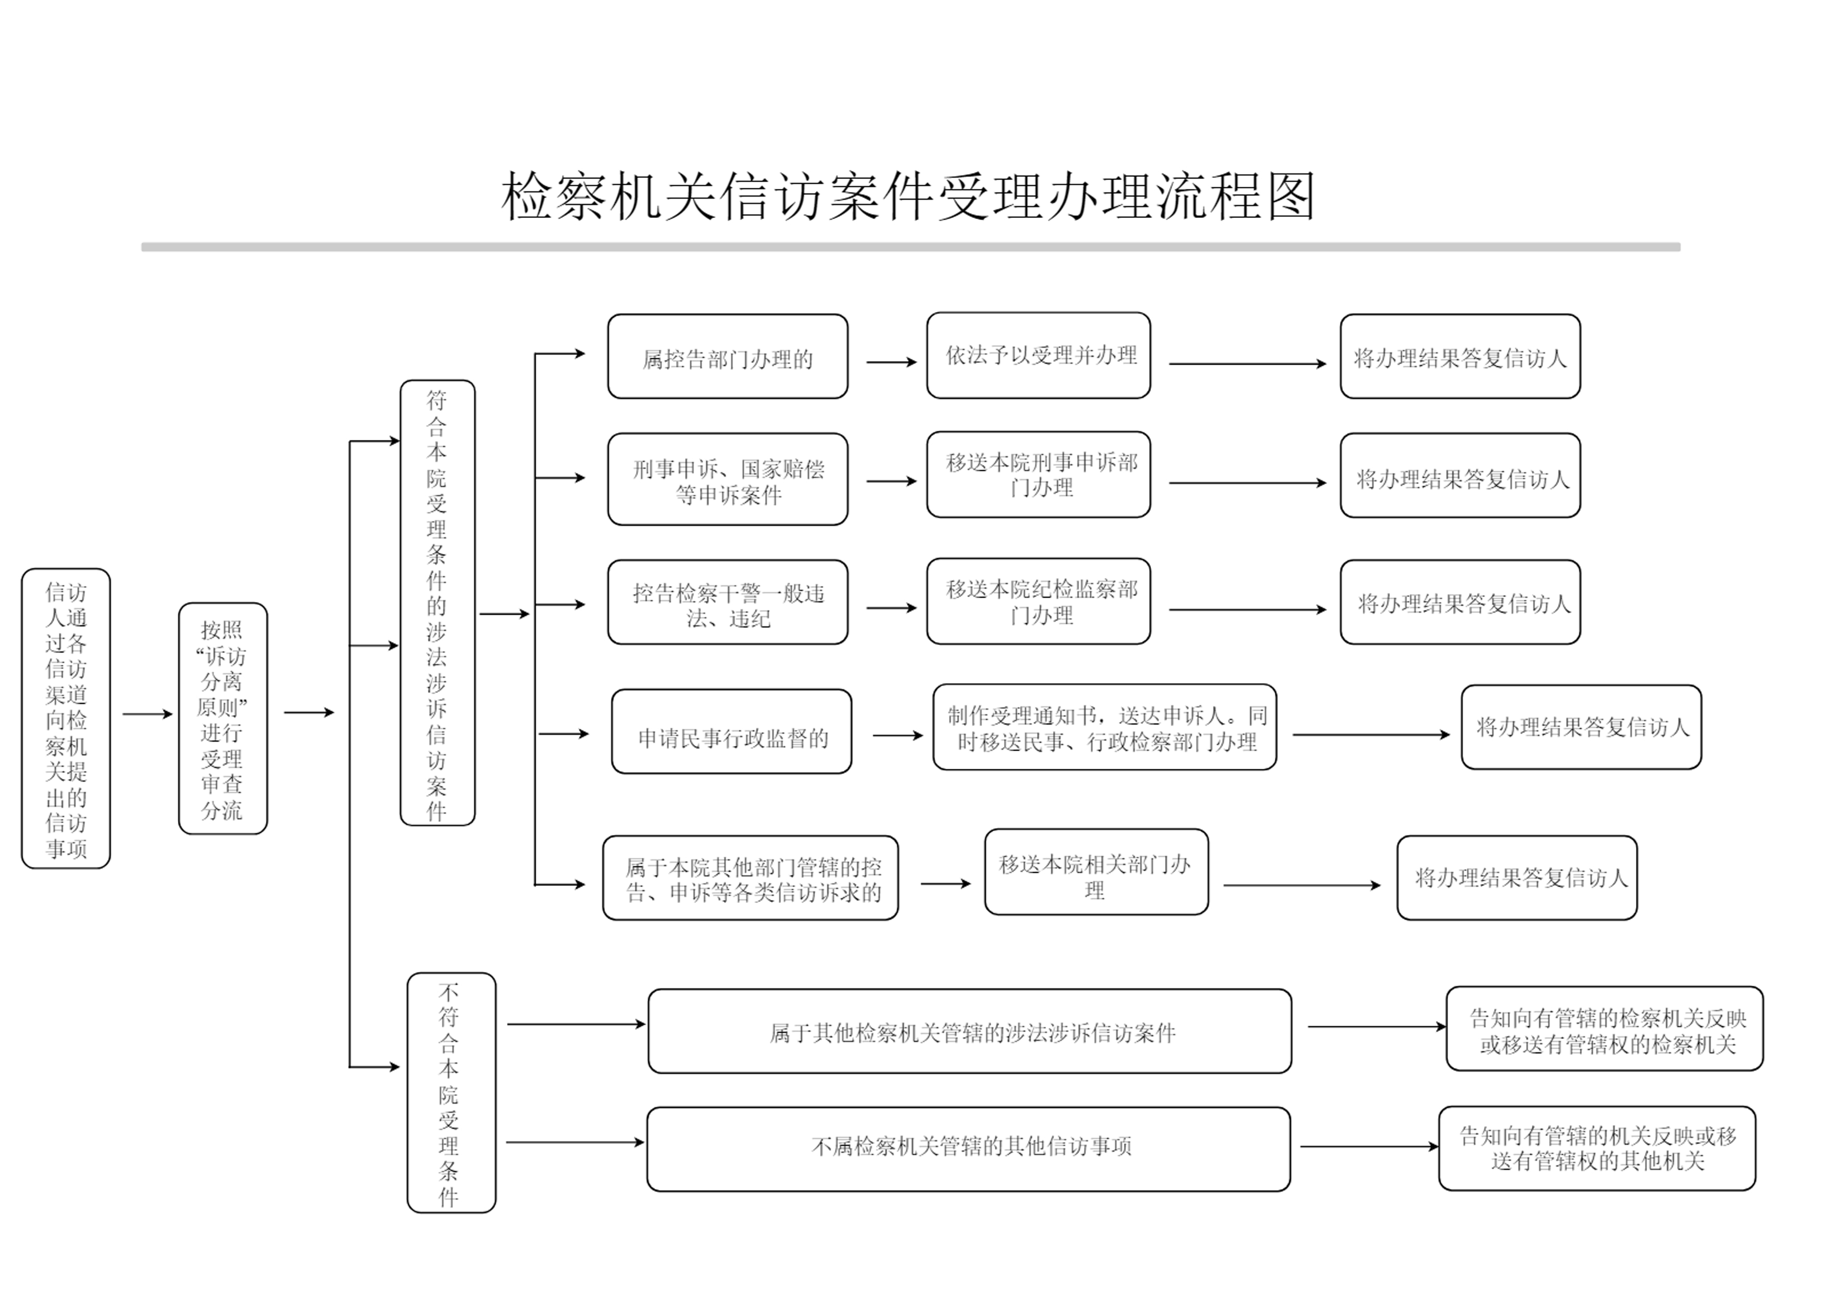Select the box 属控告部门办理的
[x=727, y=357]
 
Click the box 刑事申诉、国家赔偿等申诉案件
[x=727, y=479]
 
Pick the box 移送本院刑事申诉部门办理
[x=1038, y=474]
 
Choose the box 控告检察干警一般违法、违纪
[x=727, y=602]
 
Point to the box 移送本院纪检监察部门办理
[x=1038, y=602]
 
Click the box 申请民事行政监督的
[x=731, y=732]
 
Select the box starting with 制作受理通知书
[x=1104, y=727]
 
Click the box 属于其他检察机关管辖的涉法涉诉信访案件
[x=969, y=1031]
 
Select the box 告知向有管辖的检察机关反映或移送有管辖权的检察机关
[x=1604, y=1029]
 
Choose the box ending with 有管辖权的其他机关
[x=1596, y=1149]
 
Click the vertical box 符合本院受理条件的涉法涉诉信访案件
[x=437, y=602]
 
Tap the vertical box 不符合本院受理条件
[x=451, y=1093]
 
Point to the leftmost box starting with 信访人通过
[x=66, y=718]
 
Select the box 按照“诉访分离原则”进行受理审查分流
[x=223, y=718]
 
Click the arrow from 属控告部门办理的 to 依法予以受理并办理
[x=891, y=363]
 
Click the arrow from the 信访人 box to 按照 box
[x=147, y=714]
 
